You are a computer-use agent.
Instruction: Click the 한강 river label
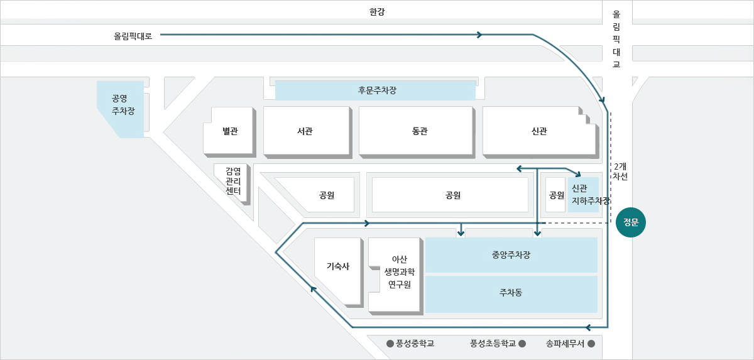tap(377, 12)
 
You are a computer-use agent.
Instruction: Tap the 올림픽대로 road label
tap(133, 36)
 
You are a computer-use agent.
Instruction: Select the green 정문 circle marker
tap(630, 222)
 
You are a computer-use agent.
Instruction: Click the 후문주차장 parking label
tap(377, 90)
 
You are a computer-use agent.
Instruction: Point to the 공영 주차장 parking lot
tap(121, 109)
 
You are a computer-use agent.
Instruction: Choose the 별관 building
tap(229, 132)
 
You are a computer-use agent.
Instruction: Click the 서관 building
tap(308, 132)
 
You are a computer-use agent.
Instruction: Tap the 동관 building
tap(417, 132)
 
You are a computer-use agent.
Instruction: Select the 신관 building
tap(540, 132)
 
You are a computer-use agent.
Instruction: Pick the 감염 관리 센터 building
tap(232, 184)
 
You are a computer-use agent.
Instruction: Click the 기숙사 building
tap(339, 272)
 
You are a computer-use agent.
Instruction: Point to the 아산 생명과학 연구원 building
tap(396, 276)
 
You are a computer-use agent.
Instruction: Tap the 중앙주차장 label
tap(511, 254)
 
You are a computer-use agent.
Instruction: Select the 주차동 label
tap(511, 292)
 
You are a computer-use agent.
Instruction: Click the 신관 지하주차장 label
tap(591, 195)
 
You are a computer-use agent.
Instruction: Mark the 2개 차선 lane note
tap(620, 172)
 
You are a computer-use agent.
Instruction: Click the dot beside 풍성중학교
tap(390, 344)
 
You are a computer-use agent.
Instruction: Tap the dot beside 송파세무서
tap(591, 344)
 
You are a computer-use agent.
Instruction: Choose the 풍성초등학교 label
tap(493, 344)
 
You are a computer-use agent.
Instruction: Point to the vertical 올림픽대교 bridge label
tap(616, 39)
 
